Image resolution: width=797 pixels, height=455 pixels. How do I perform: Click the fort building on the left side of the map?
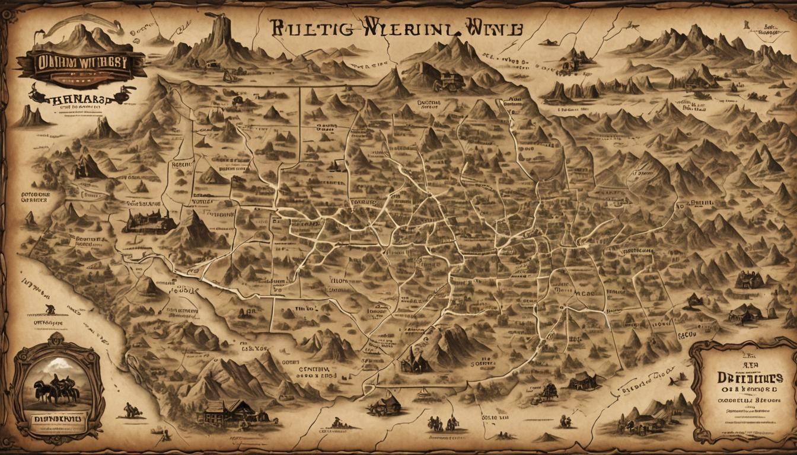148,222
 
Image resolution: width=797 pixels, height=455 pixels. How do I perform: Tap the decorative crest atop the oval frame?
56,339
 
